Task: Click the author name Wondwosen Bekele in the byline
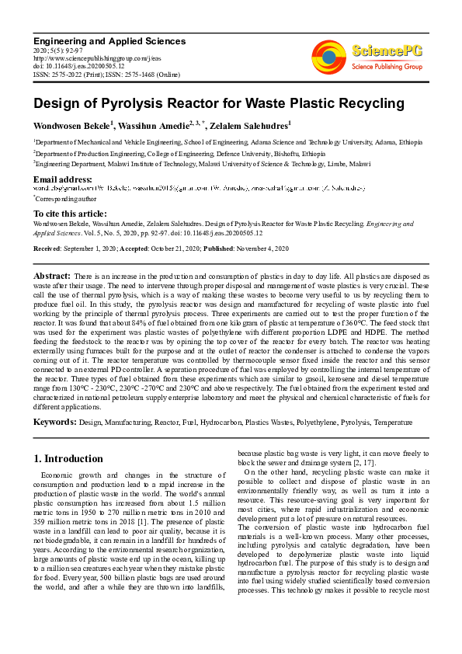click(x=67, y=125)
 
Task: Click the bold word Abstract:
click(x=52, y=276)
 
